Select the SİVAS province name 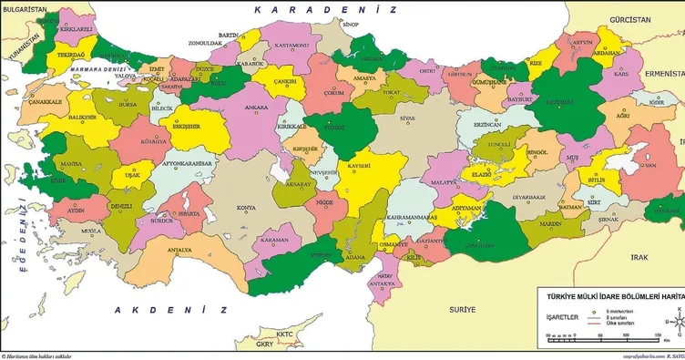coord(408,118)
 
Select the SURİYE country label coord(449,310)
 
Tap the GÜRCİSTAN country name coord(631,19)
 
